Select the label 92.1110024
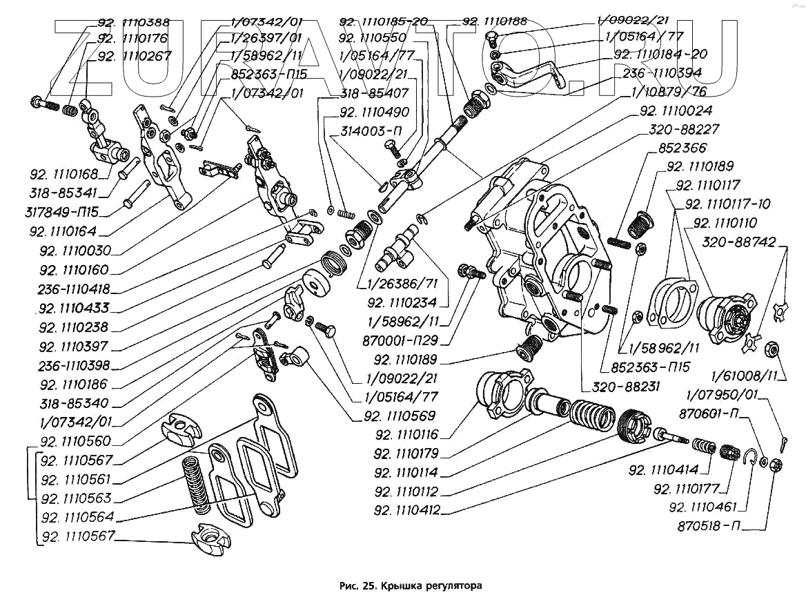click(676, 110)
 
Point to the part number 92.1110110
click(725, 223)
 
